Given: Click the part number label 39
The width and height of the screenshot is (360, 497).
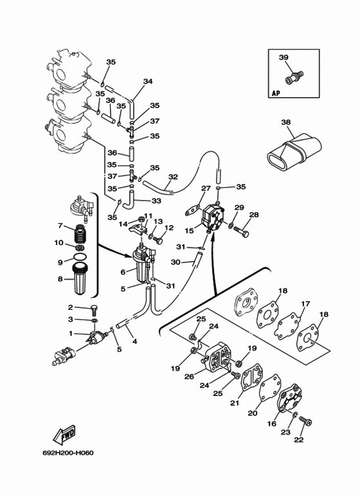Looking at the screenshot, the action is [283, 57].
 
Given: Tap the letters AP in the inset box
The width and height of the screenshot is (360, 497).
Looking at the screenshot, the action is [276, 93].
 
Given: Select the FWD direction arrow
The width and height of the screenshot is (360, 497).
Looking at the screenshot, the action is [64, 435].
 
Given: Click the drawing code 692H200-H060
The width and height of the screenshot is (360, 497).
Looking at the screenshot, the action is [68, 453].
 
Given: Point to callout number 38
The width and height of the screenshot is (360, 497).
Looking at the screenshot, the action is [285, 122].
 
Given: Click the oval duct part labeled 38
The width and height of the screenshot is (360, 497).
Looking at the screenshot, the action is [294, 151].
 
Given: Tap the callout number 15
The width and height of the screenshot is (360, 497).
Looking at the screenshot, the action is [189, 230].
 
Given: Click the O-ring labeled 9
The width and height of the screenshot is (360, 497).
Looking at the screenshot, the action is [79, 257].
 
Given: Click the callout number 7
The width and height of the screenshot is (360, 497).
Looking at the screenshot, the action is [60, 226].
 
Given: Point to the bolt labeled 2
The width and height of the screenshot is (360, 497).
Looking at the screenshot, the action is [94, 309].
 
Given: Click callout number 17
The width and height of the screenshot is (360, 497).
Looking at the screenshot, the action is [305, 303].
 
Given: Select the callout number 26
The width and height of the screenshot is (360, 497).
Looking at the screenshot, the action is [189, 377].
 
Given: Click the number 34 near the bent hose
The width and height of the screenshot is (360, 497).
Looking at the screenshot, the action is [148, 81].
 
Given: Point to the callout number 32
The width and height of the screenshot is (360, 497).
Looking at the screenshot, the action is [173, 177].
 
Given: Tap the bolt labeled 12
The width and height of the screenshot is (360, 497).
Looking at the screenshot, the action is [158, 240].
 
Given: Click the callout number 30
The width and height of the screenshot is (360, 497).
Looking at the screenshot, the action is [175, 262].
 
